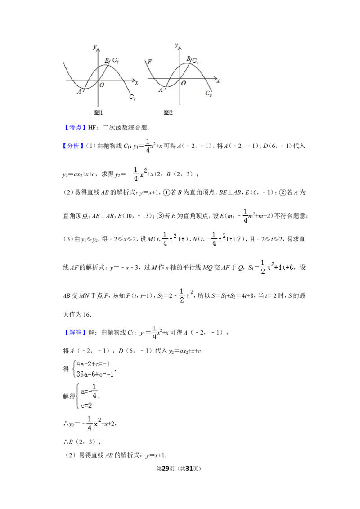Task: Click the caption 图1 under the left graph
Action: pos(98,113)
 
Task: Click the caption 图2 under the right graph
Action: pos(168,113)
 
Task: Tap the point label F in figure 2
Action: pos(149,61)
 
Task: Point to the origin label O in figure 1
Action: pos(102,85)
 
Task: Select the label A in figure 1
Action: pos(79,92)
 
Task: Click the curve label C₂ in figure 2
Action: pos(209,94)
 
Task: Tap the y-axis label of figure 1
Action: pos(94,47)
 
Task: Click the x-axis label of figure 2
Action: pos(218,81)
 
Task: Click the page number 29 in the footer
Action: pos(166,469)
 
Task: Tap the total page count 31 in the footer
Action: pos(189,469)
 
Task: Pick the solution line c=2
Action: pos(86,406)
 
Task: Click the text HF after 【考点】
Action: pos(92,128)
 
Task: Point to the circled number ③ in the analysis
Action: pos(160,216)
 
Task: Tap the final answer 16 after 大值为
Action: pos(86,314)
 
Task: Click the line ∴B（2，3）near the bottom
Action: pos(82,442)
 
